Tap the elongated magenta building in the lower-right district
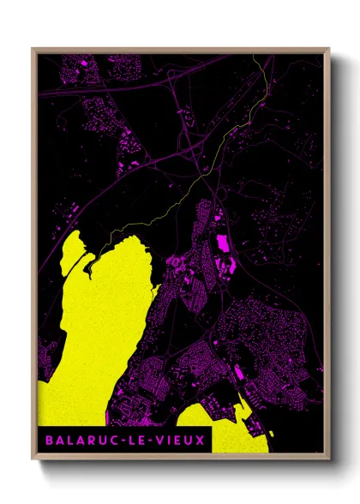pyautogui.click(x=238, y=373)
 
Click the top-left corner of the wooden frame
pyautogui.click(x=33, y=49)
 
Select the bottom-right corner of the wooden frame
pyautogui.click(x=329, y=454)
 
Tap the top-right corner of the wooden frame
pyautogui.click(x=329, y=49)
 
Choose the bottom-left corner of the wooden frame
pyautogui.click(x=33, y=454)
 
